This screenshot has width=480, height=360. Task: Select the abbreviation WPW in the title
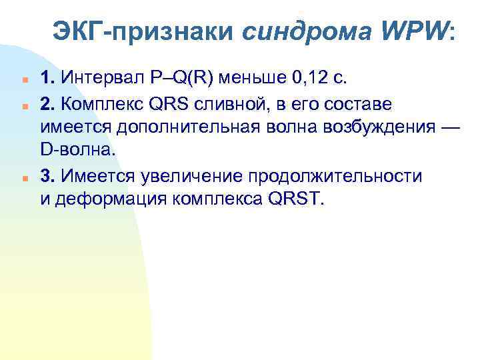[x=408, y=32]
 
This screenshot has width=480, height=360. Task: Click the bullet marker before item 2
[x=23, y=105]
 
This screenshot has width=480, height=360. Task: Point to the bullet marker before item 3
[x=23, y=177]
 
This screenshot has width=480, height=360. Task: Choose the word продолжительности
[x=335, y=176]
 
